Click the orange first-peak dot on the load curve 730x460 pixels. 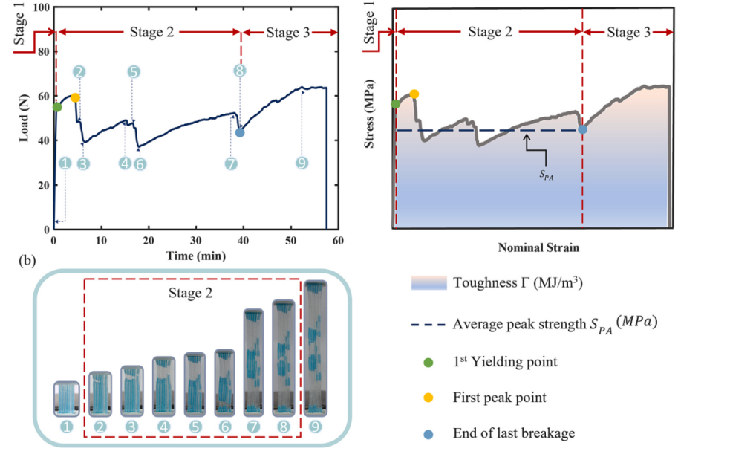[75, 97]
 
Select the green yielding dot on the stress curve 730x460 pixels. [396, 104]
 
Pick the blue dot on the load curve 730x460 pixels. [240, 132]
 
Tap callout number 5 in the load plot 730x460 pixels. [133, 71]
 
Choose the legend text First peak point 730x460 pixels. [499, 398]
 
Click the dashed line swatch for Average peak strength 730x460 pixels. [428, 325]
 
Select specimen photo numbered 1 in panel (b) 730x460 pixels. [67, 398]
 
